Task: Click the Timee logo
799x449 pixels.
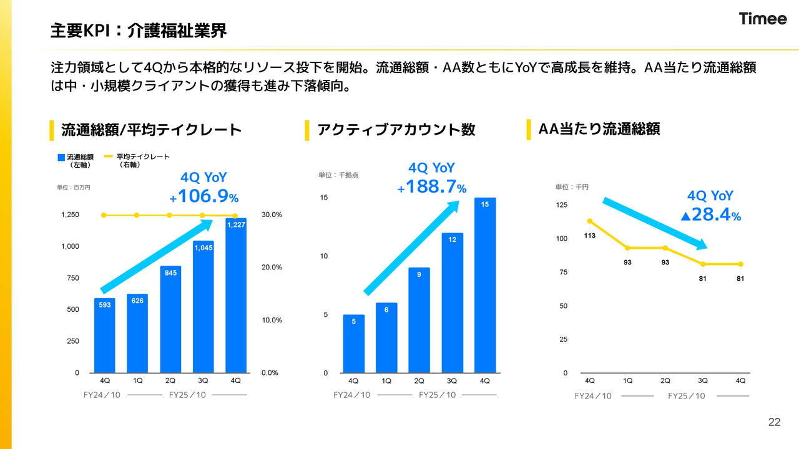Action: [763, 19]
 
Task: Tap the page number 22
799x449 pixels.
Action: [774, 422]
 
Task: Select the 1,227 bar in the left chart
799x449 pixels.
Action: [236, 296]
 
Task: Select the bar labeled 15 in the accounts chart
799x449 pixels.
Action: [485, 285]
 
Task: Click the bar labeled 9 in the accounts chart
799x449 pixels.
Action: [419, 320]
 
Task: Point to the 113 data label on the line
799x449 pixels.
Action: [590, 236]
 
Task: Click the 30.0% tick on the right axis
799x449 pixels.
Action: [272, 215]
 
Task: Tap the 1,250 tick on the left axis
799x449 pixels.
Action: [70, 215]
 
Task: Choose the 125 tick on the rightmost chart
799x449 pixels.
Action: [561, 205]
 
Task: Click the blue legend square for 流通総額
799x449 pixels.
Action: [61, 158]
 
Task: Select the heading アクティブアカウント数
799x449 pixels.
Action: [396, 130]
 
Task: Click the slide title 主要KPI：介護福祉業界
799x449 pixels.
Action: [139, 30]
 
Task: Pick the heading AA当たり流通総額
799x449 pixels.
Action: [599, 129]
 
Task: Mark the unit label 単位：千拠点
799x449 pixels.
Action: [338, 175]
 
